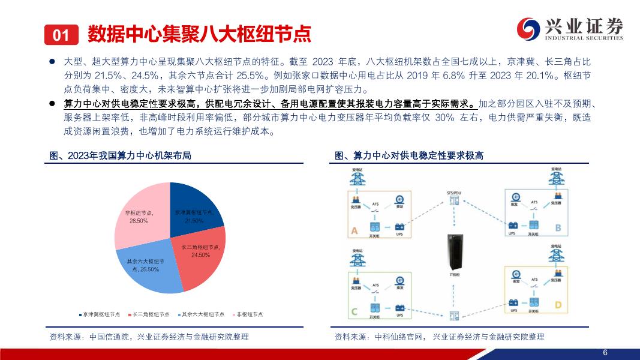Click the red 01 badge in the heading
(x=61, y=35)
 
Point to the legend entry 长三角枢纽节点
(x=148, y=314)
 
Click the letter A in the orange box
(x=354, y=230)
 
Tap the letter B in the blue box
(x=558, y=228)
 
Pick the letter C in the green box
(x=354, y=311)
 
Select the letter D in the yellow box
(x=558, y=306)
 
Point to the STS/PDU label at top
(x=454, y=193)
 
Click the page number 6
(x=605, y=352)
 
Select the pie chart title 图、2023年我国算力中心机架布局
(x=120, y=156)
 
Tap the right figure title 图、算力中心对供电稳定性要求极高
(x=409, y=156)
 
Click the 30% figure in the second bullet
(x=445, y=118)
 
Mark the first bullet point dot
(x=52, y=62)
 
